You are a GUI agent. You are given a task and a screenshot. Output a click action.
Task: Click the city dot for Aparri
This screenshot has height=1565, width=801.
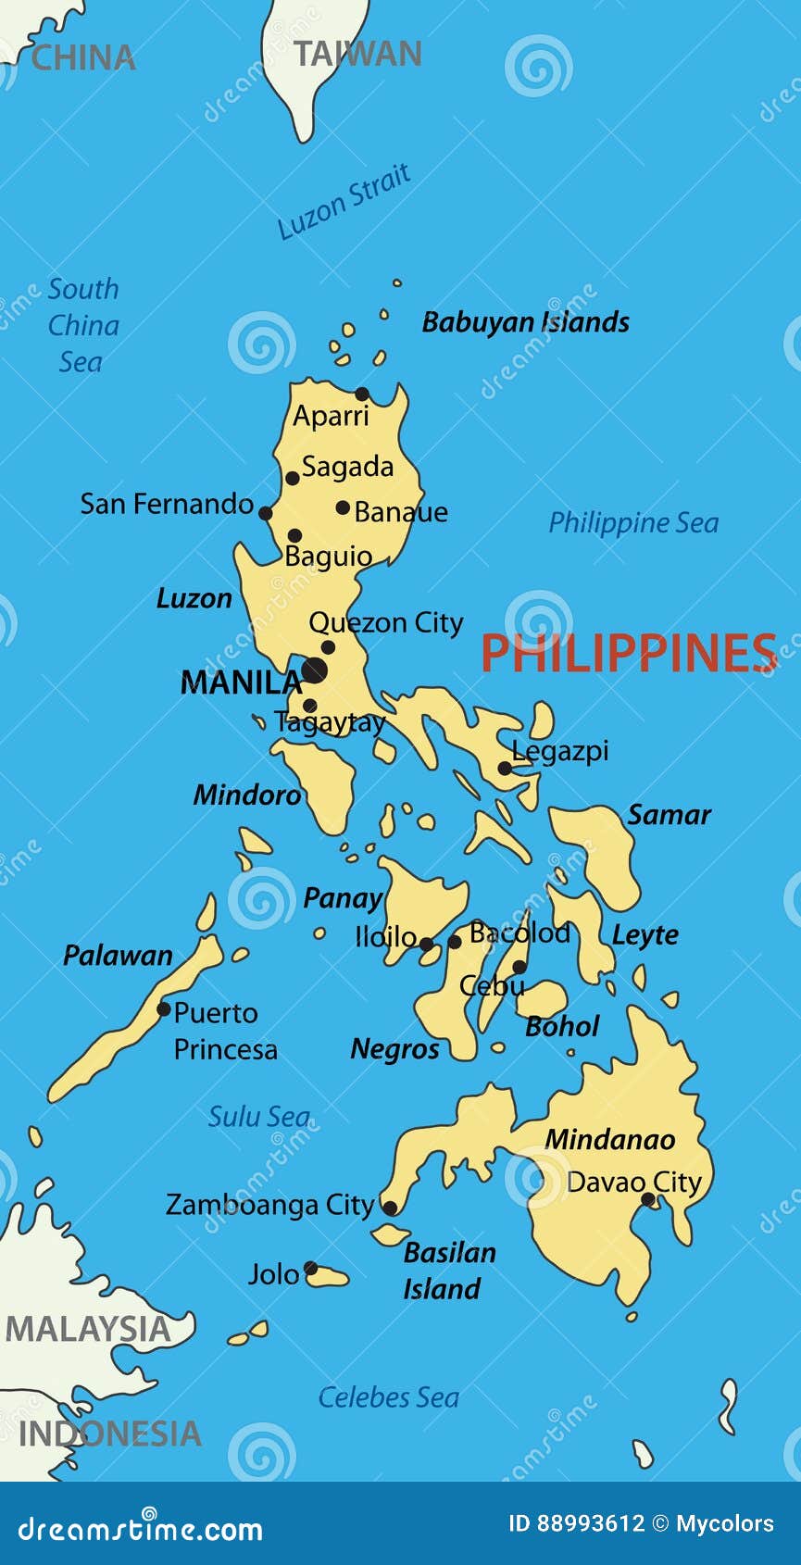(x=362, y=394)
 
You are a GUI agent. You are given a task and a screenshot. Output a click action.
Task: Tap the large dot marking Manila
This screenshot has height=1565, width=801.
(x=314, y=670)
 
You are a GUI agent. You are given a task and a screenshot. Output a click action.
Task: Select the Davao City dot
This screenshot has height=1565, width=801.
(x=648, y=1199)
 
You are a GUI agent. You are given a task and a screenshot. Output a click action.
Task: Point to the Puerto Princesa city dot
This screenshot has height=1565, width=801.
(x=164, y=1009)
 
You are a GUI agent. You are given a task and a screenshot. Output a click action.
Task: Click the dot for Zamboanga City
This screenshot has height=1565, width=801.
(x=390, y=1208)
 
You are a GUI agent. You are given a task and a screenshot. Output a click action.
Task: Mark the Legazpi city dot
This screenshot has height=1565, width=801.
(x=505, y=768)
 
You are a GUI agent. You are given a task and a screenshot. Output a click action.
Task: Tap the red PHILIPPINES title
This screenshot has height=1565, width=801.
(x=629, y=653)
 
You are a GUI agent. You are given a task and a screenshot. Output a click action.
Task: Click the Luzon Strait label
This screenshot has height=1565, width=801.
(x=344, y=201)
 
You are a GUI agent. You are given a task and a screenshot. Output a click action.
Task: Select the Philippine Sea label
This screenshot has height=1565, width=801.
(x=633, y=523)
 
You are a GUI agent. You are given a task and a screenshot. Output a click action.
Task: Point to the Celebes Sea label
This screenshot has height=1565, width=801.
(x=388, y=1397)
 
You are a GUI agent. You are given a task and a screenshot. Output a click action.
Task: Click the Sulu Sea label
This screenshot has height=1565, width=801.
(x=258, y=1117)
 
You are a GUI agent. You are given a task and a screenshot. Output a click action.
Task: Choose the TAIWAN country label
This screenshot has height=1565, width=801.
(x=357, y=54)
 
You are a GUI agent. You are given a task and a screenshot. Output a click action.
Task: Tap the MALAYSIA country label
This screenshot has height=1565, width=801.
(x=88, y=1330)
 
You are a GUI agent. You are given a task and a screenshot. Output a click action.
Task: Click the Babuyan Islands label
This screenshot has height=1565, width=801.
(x=525, y=322)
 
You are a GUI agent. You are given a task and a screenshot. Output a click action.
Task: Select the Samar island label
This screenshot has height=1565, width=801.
(x=669, y=815)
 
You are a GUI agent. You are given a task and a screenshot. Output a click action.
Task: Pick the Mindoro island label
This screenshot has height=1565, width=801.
(x=246, y=795)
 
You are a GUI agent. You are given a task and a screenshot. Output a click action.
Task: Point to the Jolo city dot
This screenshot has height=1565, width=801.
(x=311, y=1269)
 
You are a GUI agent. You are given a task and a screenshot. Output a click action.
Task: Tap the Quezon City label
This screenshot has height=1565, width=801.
(x=385, y=623)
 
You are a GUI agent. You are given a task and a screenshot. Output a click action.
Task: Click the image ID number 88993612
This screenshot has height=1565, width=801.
(x=576, y=1523)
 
